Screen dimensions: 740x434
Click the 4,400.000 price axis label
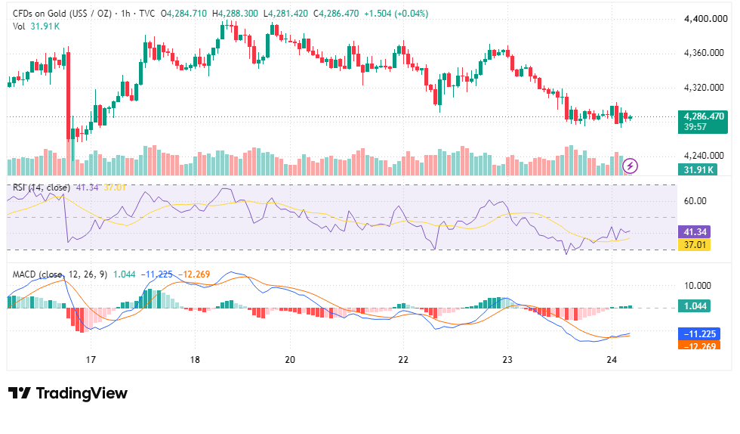pyautogui.click(x=705, y=19)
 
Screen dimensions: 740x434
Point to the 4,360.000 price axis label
pyautogui.click(x=704, y=53)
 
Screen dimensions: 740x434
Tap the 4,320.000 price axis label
pyautogui.click(x=704, y=88)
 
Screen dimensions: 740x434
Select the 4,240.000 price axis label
pyautogui.click(x=704, y=156)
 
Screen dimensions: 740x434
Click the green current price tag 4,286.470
pyautogui.click(x=703, y=116)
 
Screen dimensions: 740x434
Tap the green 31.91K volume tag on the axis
pyautogui.click(x=698, y=169)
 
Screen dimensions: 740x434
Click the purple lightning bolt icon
pyautogui.click(x=630, y=166)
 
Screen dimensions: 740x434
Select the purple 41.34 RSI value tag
pyautogui.click(x=694, y=231)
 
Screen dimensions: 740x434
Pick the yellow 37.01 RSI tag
pyautogui.click(x=694, y=244)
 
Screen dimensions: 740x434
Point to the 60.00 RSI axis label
pyautogui.click(x=695, y=201)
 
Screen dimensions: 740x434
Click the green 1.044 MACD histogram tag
pyautogui.click(x=695, y=306)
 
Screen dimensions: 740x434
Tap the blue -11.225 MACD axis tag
pyautogui.click(x=699, y=333)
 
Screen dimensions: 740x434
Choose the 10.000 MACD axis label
pyautogui.click(x=697, y=286)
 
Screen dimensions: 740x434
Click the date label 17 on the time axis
pyautogui.click(x=91, y=360)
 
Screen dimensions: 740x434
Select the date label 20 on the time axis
pyautogui.click(x=290, y=360)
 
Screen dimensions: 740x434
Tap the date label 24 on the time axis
pyautogui.click(x=612, y=360)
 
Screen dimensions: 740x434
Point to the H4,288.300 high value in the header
pyautogui.click(x=235, y=14)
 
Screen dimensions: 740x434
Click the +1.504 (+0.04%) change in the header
pyautogui.click(x=396, y=14)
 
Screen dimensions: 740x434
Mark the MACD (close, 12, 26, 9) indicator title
pyautogui.click(x=60, y=274)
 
